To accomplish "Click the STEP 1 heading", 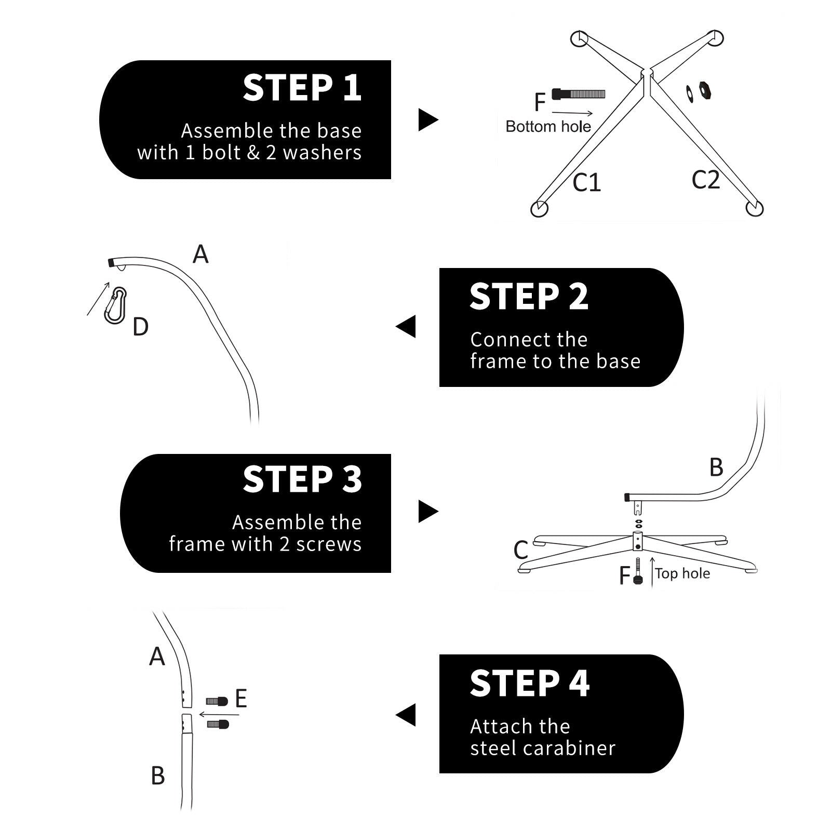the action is click(x=302, y=88).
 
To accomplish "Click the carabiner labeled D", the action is click(x=115, y=305).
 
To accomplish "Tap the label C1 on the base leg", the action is click(x=586, y=182).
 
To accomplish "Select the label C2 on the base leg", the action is click(x=705, y=180).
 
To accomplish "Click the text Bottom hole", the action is click(x=548, y=127).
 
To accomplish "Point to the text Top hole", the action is click(x=682, y=573).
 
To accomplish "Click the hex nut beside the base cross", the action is click(x=705, y=91).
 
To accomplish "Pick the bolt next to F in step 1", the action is click(x=578, y=94).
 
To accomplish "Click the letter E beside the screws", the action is click(x=240, y=699).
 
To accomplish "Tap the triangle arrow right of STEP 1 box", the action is click(x=428, y=120).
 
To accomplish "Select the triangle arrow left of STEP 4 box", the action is click(x=406, y=715).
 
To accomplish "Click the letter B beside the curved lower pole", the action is click(x=716, y=467).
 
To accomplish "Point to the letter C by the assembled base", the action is click(x=520, y=549).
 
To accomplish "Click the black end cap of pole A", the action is click(x=111, y=262).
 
